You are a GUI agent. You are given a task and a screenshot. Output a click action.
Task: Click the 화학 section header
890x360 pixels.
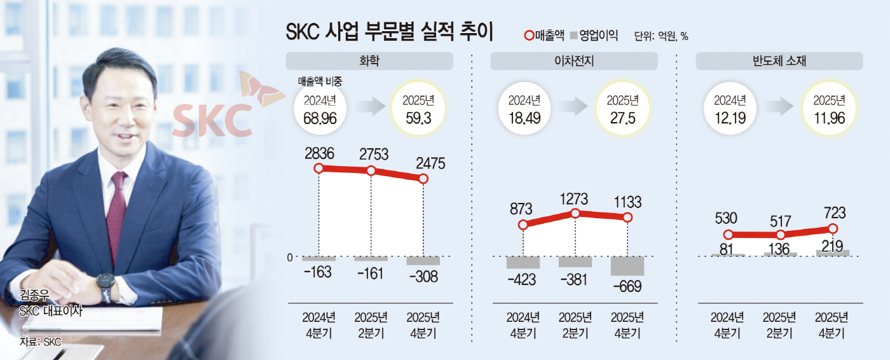point(369,61)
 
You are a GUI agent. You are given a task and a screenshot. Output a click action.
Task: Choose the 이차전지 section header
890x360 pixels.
point(574,61)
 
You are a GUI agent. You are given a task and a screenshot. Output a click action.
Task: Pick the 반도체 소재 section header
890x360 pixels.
point(779,61)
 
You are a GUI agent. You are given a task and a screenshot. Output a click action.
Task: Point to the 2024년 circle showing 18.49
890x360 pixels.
point(524,109)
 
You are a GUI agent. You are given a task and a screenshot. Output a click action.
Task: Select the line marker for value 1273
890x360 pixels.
point(575,214)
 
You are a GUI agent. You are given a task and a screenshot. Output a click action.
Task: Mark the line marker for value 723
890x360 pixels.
point(833,229)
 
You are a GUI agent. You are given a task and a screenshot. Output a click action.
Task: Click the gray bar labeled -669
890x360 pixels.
point(627,266)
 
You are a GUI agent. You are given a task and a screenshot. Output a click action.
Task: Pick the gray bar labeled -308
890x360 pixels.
point(423,261)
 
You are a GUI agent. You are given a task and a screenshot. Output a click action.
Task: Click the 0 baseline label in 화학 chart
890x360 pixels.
point(289,257)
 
